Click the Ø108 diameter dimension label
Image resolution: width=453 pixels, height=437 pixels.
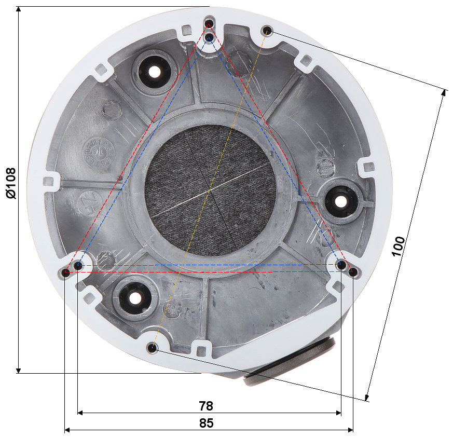click(11, 183)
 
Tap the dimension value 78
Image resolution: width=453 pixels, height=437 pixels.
click(206, 406)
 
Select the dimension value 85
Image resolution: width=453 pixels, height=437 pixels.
click(207, 423)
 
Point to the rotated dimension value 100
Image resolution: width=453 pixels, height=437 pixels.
click(398, 246)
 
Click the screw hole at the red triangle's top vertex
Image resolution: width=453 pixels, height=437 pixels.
click(209, 23)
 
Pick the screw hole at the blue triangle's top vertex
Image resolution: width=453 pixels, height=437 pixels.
click(209, 37)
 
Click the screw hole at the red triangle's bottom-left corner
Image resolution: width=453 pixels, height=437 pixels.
click(66, 272)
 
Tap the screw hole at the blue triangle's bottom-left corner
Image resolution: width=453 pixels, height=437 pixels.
click(78, 265)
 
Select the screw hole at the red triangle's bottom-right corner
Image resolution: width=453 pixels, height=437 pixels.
click(353, 271)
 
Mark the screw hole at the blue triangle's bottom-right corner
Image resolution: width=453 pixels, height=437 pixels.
click(341, 265)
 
